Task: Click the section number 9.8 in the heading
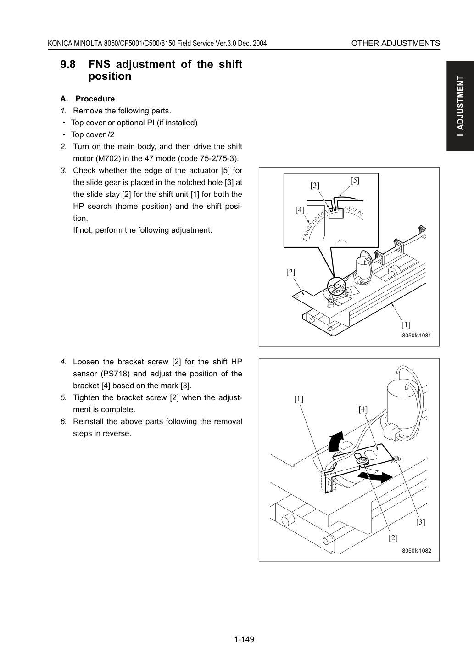pyautogui.click(x=68, y=64)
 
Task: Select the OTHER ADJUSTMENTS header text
pyautogui.click(x=396, y=43)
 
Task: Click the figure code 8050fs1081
pyautogui.click(x=417, y=335)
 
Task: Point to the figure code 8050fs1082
pyautogui.click(x=417, y=551)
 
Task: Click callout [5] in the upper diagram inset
pyautogui.click(x=355, y=180)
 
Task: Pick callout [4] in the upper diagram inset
pyautogui.click(x=300, y=210)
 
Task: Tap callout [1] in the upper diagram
pyautogui.click(x=406, y=325)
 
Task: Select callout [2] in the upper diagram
pyautogui.click(x=290, y=272)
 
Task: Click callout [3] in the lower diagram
pyautogui.click(x=421, y=522)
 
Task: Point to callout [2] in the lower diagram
pyautogui.click(x=393, y=538)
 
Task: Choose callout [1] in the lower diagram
pyautogui.click(x=299, y=399)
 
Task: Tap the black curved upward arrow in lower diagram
pyautogui.click(x=335, y=442)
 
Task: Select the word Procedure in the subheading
pyautogui.click(x=95, y=99)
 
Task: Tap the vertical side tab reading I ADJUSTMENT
pyautogui.click(x=460, y=106)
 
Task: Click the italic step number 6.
pyautogui.click(x=63, y=421)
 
